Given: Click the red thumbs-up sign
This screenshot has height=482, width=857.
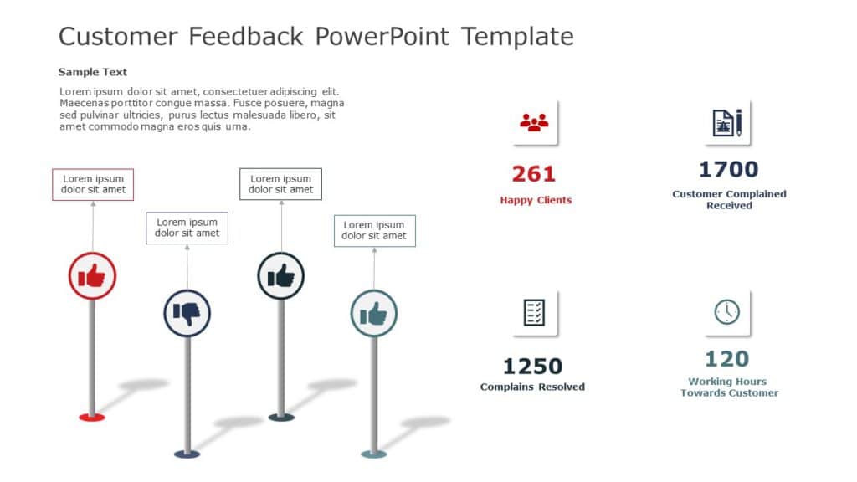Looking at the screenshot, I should coord(92,275).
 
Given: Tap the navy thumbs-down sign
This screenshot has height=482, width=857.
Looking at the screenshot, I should coord(187,313).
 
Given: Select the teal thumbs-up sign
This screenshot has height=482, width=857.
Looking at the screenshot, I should coord(373,314).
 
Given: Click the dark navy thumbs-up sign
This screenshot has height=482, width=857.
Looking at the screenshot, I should coord(280,275).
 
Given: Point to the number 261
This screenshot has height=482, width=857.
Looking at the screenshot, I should coord(534,174).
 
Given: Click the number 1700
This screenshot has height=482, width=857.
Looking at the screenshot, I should coord(728,170).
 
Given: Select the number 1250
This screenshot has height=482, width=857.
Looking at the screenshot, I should coord(532,367).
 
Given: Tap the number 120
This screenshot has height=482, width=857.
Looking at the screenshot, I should coord(726,359).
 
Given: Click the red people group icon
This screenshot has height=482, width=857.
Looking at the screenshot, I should coord(534,123).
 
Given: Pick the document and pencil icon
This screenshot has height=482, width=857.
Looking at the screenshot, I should coord(727,123).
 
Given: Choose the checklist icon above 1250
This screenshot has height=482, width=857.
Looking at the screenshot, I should coord(534,312).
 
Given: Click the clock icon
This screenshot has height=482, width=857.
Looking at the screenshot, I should coord(726,312).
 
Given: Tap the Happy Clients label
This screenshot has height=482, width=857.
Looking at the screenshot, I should coord(536,200).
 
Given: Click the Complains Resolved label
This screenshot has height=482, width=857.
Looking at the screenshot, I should coord(532,387).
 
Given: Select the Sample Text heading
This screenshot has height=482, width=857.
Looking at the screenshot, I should coord(93,72).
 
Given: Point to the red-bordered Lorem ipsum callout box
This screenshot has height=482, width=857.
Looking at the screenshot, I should coord(93,184).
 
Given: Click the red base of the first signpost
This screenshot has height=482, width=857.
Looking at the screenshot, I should coord(92,416).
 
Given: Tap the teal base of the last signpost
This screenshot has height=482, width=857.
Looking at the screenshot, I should coord(373,454).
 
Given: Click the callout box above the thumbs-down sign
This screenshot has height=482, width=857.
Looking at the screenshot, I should coord(187,228).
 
